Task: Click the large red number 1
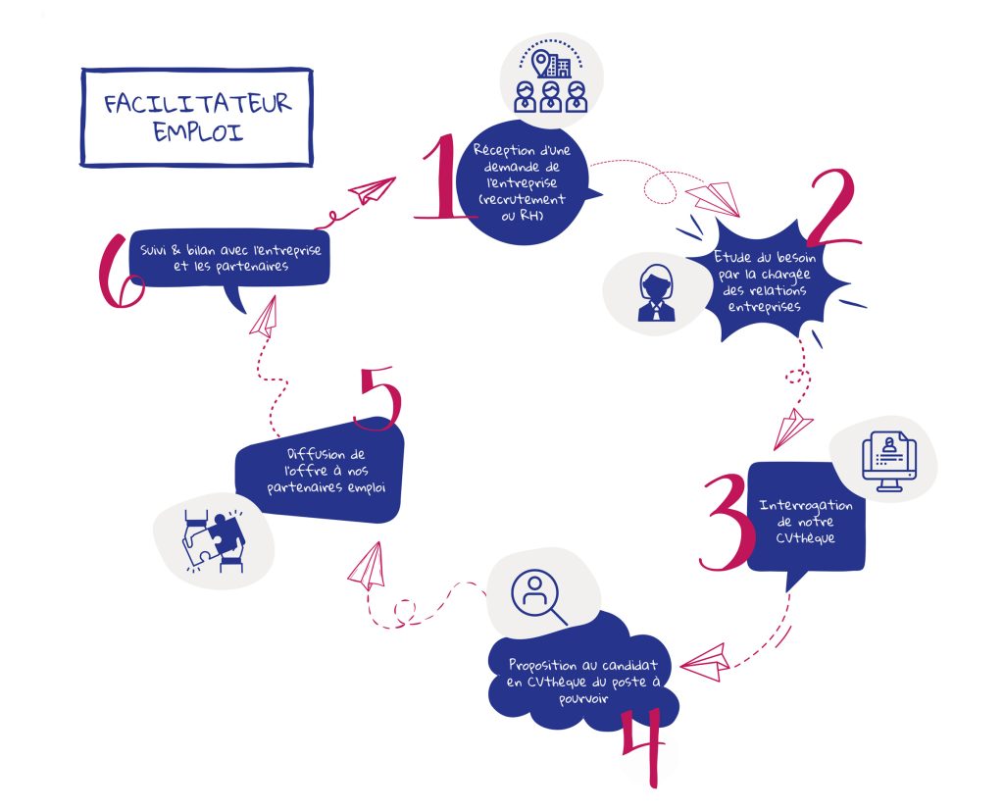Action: (439, 178)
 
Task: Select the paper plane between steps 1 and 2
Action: (714, 198)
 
